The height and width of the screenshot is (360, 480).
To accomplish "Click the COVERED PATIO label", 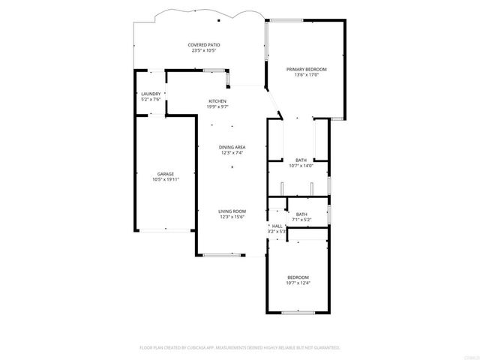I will [x=202, y=45].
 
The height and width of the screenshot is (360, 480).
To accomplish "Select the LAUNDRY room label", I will [x=151, y=94].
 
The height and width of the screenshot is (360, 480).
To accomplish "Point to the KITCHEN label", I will [x=217, y=101].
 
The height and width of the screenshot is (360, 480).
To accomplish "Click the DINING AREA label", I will [x=232, y=147].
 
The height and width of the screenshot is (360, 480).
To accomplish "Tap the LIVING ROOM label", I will [x=232, y=211].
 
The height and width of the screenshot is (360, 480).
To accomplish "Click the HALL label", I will [x=277, y=226].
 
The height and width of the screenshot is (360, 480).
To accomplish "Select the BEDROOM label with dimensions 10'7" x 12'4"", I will [x=298, y=277].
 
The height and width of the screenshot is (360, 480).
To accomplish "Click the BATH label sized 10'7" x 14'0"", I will [x=301, y=160].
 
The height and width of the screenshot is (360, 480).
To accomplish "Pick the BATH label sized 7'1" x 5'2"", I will [x=301, y=214].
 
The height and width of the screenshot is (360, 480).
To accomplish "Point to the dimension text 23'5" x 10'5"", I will [x=202, y=51].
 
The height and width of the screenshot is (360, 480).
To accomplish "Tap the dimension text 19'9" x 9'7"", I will [x=217, y=107].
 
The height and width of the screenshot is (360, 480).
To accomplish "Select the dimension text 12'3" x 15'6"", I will [x=232, y=217].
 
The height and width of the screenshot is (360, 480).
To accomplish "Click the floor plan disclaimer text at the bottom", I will [x=240, y=348].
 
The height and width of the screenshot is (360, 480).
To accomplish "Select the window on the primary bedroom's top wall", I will [x=280, y=20].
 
